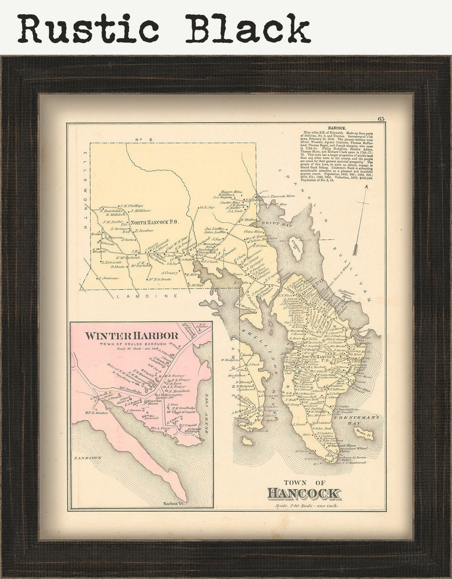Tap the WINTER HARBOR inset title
click(131, 336)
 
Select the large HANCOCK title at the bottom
click(304, 493)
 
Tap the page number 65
click(381, 119)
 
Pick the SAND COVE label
click(87, 458)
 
